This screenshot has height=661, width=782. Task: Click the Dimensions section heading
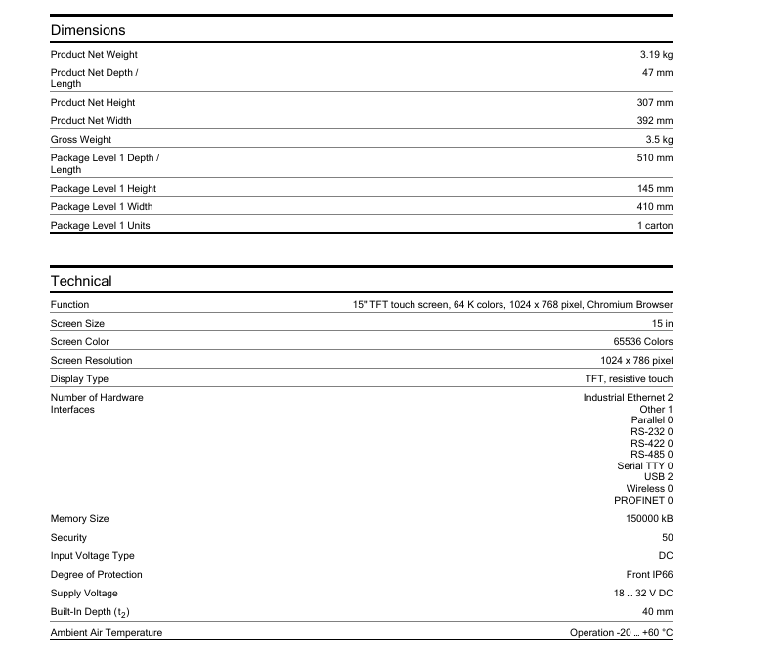pos(88,30)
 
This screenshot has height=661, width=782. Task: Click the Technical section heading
pos(81,281)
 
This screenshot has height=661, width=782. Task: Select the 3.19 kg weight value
pos(656,55)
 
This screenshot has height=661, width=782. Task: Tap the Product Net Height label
pos(93,103)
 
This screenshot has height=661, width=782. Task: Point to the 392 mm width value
pos(655,121)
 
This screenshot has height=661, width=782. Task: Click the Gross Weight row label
pos(81,140)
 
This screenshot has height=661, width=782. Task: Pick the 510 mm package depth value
pos(655,157)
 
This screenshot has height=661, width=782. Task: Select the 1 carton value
pos(655,226)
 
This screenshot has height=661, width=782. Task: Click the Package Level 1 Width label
pos(102,207)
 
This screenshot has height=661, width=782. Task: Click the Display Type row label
pos(79,379)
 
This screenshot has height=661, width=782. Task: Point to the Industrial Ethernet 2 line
pos(628,398)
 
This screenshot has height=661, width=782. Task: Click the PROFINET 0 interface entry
pos(643,501)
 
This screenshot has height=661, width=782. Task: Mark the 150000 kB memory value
pos(649,519)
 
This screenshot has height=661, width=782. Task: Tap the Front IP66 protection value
pos(649,575)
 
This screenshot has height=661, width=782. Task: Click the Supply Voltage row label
pos(84,594)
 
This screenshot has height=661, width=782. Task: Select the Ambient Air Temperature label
pos(107,633)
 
